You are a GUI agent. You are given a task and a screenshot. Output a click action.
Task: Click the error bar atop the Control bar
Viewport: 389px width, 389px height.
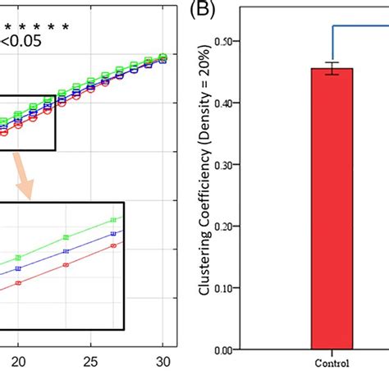[332, 69]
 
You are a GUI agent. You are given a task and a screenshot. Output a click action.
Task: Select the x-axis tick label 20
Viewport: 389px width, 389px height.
[17, 362]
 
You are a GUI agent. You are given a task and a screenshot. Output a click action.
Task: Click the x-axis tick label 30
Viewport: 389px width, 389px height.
[163, 362]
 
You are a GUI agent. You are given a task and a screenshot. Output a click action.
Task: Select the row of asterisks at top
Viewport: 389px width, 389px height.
[34, 27]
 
